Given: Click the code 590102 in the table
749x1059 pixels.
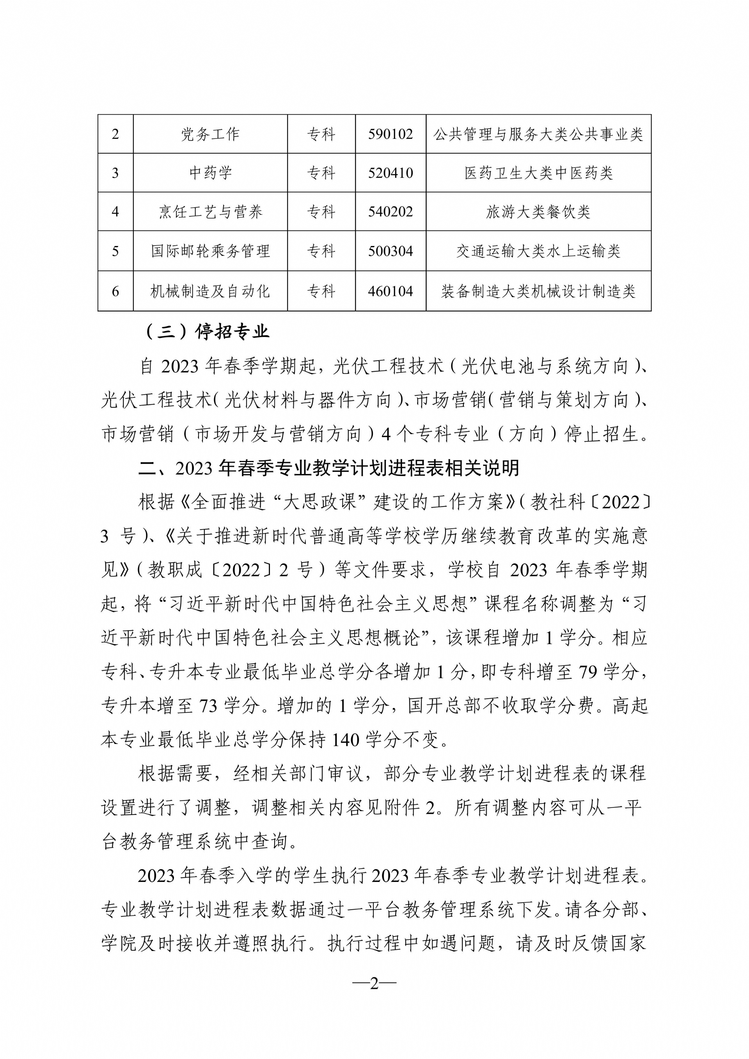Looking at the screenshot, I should (x=390, y=134).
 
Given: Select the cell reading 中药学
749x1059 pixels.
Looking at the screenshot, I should (x=210, y=173).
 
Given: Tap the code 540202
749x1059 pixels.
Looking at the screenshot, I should (x=390, y=212).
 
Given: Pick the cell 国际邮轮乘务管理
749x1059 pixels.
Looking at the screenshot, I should (x=210, y=251).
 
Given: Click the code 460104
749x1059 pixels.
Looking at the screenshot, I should (x=390, y=291).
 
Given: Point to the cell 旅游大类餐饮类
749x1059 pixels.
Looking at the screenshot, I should (x=538, y=212).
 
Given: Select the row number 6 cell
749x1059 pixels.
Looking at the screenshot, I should (x=115, y=291).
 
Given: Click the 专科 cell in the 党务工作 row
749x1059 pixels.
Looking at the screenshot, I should (x=321, y=134).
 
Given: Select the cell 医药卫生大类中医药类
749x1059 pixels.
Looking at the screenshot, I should (x=538, y=173).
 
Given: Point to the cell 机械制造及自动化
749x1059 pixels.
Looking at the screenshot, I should (x=210, y=291).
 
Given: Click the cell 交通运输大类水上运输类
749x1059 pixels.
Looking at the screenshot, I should (x=538, y=251).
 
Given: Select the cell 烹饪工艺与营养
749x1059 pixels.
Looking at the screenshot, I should (x=210, y=212).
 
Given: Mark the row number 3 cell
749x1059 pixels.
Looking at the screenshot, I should (x=115, y=173).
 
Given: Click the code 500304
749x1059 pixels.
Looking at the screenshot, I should (x=390, y=251).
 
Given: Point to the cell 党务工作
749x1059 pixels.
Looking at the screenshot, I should (x=210, y=134).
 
